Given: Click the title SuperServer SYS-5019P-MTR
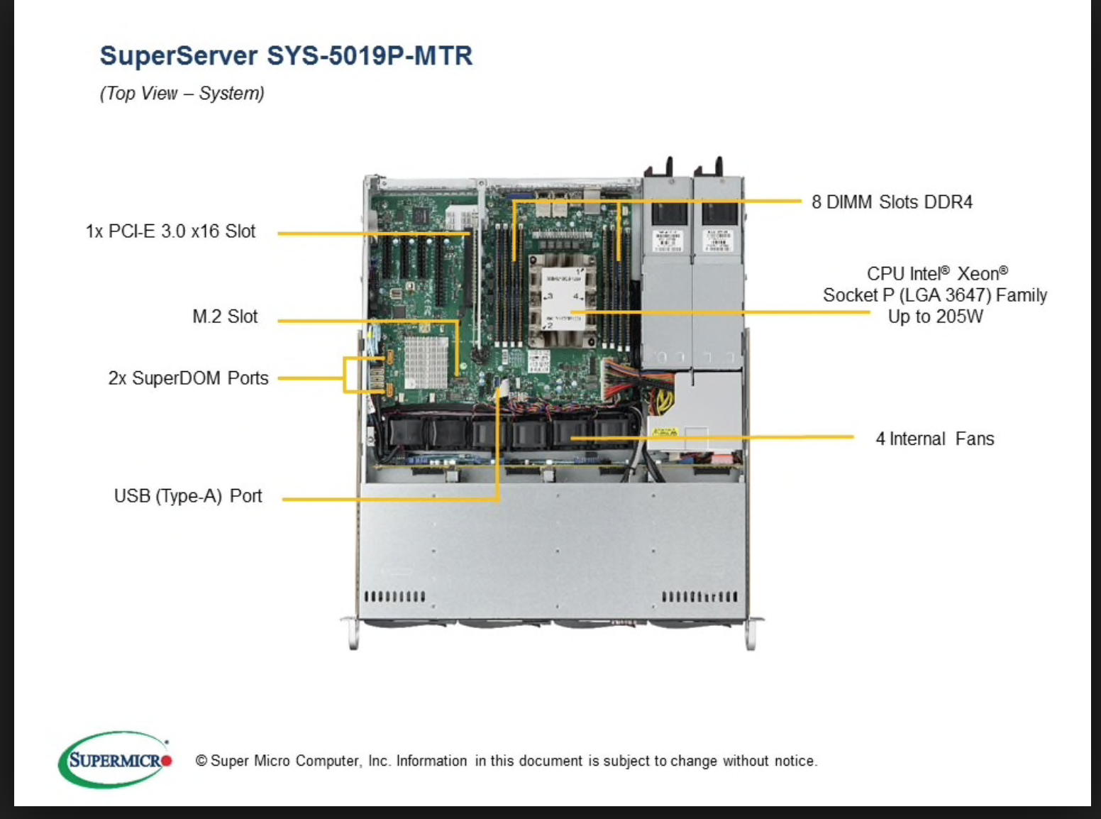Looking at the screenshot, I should [x=286, y=56].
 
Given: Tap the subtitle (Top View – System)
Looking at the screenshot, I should [x=182, y=94].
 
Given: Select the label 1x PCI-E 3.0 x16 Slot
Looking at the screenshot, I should [x=170, y=231].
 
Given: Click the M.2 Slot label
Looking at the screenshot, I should [x=225, y=317].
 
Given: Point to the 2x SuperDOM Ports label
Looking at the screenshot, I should [x=188, y=378].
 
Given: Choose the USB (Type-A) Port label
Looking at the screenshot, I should [x=188, y=496].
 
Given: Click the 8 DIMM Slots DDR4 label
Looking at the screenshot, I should [x=892, y=202].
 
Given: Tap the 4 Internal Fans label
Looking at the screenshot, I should [x=934, y=439].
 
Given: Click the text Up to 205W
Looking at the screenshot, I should [x=935, y=317].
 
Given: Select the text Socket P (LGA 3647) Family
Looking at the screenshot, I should [x=934, y=295].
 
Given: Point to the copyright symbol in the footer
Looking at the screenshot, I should [x=201, y=762].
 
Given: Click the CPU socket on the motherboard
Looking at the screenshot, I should [x=563, y=299].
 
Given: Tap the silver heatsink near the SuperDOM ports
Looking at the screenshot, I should [x=426, y=361].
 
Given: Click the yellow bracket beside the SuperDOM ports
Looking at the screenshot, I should [x=345, y=375].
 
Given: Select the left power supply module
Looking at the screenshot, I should [x=667, y=270].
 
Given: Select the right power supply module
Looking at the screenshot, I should [x=717, y=270].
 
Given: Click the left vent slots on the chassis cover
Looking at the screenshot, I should [x=394, y=596].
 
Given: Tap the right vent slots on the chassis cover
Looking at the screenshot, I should [x=699, y=596].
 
